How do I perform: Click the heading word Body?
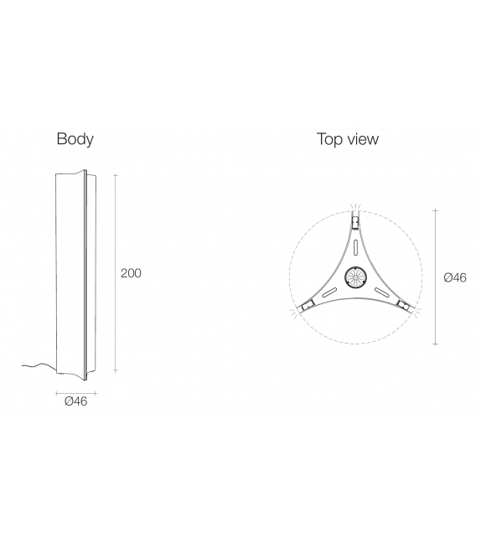point(75,139)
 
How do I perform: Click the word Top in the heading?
point(329,139)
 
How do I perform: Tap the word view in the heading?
point(362,139)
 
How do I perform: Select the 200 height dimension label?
point(131,273)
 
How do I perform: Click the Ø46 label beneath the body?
point(75,401)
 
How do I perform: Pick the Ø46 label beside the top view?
point(454,277)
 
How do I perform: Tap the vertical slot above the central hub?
point(354,249)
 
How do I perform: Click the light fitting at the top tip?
point(354,222)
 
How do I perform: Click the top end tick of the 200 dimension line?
point(115,175)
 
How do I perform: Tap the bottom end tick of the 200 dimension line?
point(115,371)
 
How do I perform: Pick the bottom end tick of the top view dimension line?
point(436,344)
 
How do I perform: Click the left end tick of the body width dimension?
point(56,391)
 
